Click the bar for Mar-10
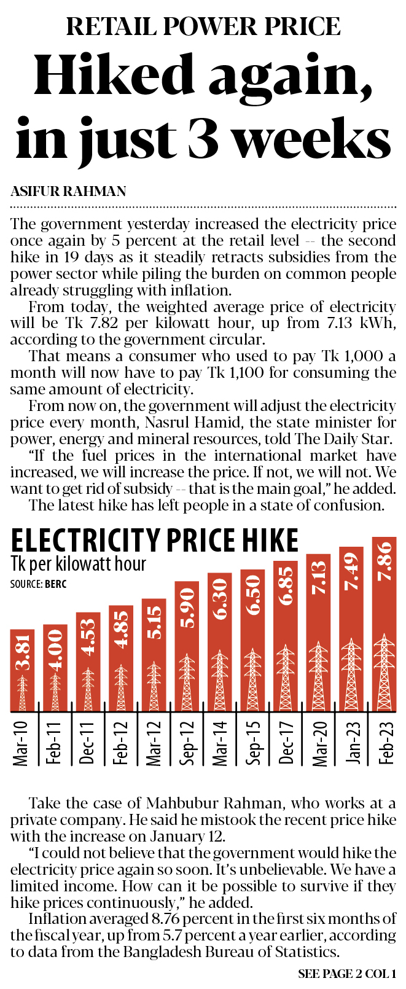point(23,670)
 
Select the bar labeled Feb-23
point(384,623)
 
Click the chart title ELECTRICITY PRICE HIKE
point(155,541)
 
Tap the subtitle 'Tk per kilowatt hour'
point(79,563)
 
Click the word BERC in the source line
point(55,584)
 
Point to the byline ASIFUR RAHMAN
point(68,191)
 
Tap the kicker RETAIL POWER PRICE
point(203,26)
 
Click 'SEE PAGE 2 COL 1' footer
point(346,974)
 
